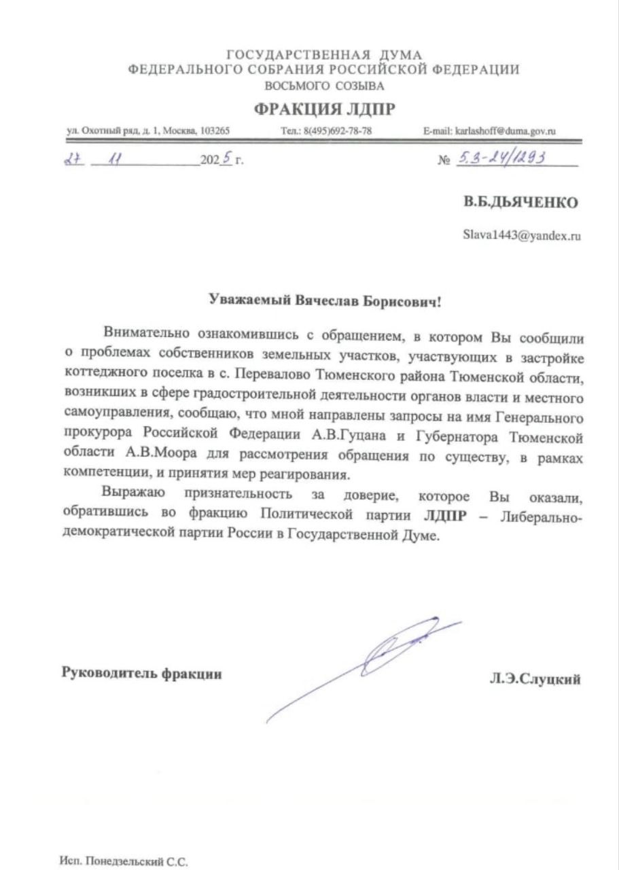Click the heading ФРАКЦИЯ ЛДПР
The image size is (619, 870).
[x=324, y=109]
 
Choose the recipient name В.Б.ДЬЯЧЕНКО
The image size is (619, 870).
[x=521, y=203]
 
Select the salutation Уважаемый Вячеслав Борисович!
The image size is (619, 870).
[x=325, y=300]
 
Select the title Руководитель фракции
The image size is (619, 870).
[x=141, y=674]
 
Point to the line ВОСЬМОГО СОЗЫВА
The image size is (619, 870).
[x=324, y=86]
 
